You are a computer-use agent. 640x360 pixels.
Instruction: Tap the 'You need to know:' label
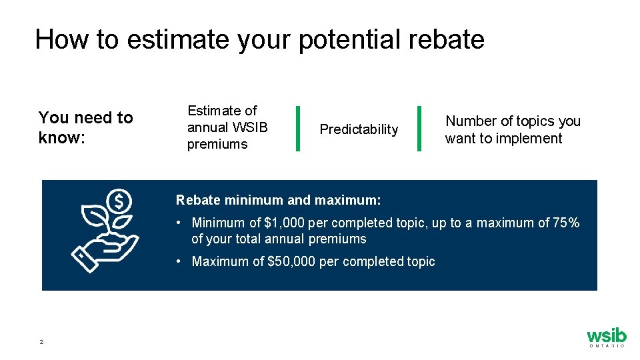[85, 127]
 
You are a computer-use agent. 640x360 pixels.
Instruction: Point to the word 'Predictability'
[359, 129]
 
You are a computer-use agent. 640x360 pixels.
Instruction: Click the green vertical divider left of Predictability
[297, 128]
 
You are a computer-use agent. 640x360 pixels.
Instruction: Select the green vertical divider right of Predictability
[418, 128]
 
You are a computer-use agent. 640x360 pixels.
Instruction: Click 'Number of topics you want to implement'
[513, 129]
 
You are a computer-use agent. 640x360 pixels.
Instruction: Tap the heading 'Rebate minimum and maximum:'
[278, 200]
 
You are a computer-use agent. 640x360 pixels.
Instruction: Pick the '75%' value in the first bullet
[566, 223]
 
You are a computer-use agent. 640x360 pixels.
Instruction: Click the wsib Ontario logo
[606, 337]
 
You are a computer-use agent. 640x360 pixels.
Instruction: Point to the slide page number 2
[41, 342]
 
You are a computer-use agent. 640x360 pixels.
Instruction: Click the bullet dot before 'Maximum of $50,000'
[179, 261]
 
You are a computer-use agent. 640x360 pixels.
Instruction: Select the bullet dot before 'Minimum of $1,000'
[179, 223]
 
